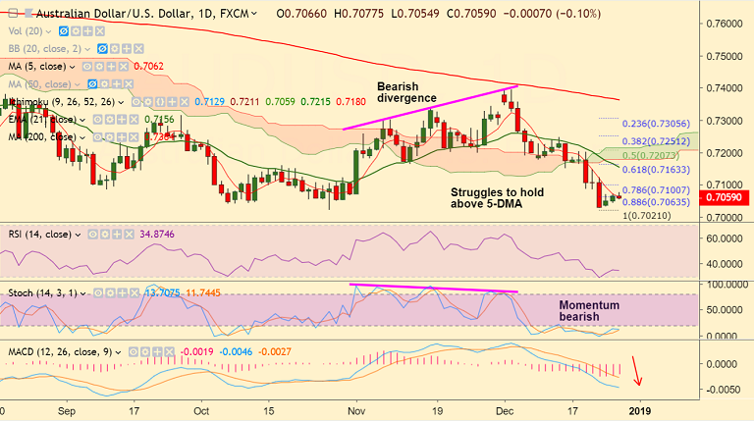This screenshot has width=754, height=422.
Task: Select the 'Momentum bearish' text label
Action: tap(588, 312)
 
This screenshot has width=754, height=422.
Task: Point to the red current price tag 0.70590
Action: tap(727, 197)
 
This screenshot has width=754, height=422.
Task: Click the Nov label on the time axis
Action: tap(356, 410)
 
